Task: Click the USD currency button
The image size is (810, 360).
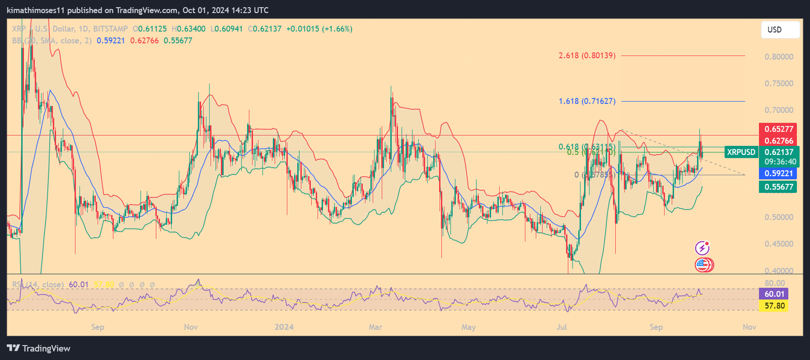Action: [780, 30]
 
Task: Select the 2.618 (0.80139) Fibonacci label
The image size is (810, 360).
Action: [587, 55]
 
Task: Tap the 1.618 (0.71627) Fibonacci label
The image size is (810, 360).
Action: [587, 101]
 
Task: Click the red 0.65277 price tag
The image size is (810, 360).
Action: [779, 129]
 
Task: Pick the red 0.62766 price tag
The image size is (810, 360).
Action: [779, 141]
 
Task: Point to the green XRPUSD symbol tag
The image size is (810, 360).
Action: [741, 152]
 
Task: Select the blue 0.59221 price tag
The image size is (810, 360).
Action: [779, 173]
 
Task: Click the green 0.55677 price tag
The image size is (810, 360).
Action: [779, 187]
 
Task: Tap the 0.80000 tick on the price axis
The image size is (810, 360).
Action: [779, 57]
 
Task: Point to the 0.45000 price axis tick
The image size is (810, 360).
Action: [779, 244]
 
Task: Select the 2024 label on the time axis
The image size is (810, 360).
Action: [284, 327]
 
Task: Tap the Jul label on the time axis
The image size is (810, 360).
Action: [561, 327]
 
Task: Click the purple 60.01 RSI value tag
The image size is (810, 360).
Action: [774, 294]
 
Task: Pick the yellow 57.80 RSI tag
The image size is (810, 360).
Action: [774, 306]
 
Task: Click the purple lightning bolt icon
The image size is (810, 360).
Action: [702, 248]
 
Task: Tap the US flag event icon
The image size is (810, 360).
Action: [702, 264]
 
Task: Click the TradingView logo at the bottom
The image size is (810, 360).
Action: [38, 348]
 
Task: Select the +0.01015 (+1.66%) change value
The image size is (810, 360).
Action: [319, 29]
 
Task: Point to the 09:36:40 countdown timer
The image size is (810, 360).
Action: [780, 162]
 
